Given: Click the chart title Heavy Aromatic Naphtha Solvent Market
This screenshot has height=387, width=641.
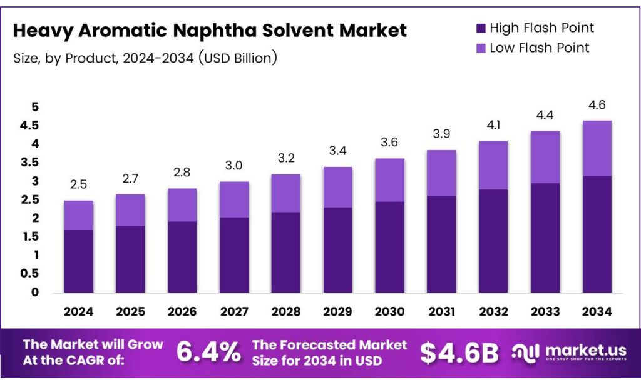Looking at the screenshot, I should click(210, 30).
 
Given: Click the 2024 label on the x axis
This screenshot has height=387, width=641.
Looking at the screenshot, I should click(78, 311).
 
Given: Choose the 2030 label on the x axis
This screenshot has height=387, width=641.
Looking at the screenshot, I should click(389, 311).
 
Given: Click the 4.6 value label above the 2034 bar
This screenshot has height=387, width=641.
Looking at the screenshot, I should click(597, 104).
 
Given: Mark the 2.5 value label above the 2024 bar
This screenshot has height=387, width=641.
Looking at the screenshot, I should click(78, 184).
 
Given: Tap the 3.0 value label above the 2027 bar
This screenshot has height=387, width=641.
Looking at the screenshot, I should click(234, 165).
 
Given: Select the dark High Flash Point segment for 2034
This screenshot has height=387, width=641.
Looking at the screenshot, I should click(597, 234).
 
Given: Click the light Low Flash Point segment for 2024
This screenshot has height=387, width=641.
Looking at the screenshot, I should click(78, 215).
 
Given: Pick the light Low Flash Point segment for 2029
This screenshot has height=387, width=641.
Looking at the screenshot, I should click(338, 187).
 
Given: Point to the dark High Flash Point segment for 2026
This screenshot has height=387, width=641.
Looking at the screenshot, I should click(182, 256).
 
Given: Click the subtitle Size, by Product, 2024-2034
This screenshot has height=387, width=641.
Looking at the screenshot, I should click(144, 58).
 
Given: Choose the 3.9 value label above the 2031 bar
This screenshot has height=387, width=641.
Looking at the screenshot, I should click(441, 134).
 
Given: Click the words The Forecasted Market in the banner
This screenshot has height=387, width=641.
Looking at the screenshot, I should click(329, 345).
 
